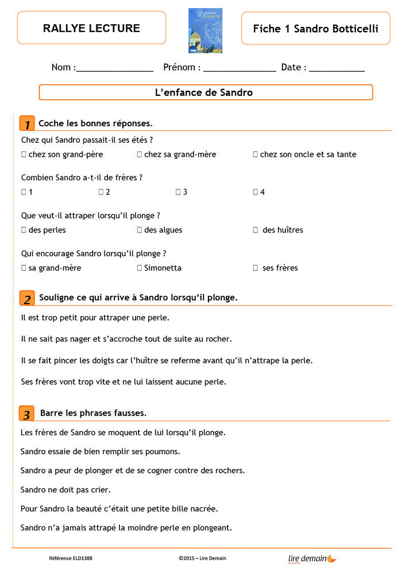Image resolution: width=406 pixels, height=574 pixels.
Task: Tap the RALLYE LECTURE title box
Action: point(91,28)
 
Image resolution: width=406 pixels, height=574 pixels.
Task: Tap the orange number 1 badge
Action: point(26,123)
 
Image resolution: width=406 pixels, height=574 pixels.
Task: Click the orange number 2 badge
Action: point(26,298)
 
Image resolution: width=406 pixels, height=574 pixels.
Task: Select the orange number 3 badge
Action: point(26,413)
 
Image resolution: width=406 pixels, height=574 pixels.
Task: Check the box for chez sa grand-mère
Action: point(140,154)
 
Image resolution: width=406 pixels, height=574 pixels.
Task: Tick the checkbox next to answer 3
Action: point(178,192)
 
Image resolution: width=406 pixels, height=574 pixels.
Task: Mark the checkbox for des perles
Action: point(24,230)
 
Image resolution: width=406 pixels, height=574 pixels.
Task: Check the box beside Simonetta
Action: point(140,268)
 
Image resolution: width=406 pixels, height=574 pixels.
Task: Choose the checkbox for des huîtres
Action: point(256,230)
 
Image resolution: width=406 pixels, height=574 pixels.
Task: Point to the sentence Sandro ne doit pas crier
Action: point(65,490)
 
